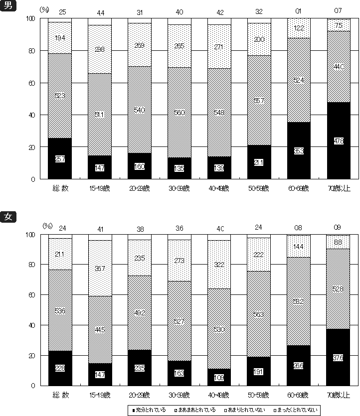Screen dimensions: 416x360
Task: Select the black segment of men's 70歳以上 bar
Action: click(339, 140)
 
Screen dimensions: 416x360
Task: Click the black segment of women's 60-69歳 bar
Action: click(299, 365)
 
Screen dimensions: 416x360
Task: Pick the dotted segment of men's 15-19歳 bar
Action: click(99, 49)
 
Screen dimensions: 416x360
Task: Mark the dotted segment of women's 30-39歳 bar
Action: click(179, 260)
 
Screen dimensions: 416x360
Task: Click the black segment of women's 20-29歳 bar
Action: click(139, 367)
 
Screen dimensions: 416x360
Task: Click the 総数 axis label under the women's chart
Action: click(60, 395)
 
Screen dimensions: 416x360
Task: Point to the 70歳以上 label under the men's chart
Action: click(339, 188)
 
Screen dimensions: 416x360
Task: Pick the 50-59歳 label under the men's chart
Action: click(259, 188)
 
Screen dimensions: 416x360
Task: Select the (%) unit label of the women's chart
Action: click(48, 226)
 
